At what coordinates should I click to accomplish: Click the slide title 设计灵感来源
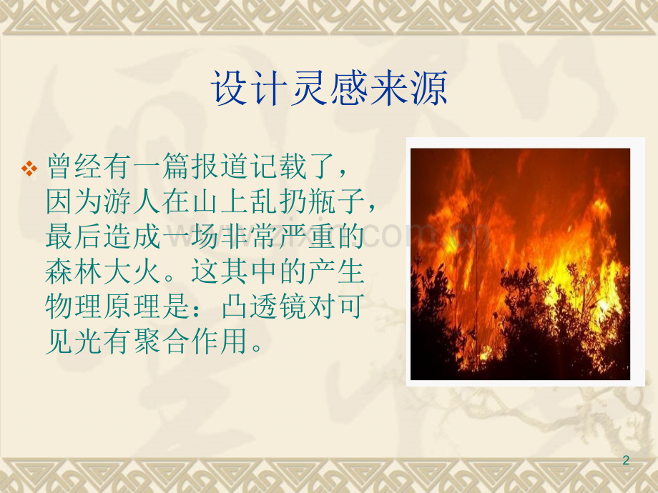pos(330,88)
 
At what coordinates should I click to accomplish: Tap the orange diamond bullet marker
pos(29,169)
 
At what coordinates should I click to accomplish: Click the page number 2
pos(626,460)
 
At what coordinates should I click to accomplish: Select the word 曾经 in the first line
pos(74,166)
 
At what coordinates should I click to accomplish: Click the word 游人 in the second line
pos(132,201)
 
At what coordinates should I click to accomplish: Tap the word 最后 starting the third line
pos(74,236)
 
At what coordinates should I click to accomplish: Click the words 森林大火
pos(104,272)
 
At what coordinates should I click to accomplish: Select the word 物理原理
pos(104,307)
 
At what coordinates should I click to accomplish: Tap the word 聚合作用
pos(191,342)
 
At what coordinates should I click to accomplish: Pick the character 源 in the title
pos(430,88)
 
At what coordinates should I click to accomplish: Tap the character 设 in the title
pos(229,88)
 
